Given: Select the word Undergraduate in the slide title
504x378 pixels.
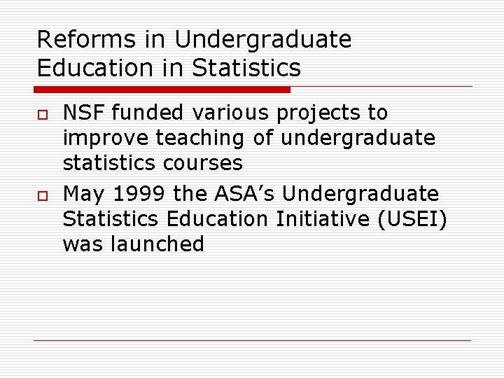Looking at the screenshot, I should point(263,40).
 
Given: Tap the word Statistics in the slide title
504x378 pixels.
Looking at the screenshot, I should point(246,68).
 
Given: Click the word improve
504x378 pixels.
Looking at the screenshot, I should point(105,139).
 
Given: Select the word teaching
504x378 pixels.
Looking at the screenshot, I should point(201,139).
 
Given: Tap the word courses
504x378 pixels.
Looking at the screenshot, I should point(200,164).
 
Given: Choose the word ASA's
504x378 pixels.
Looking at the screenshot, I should point(246,193).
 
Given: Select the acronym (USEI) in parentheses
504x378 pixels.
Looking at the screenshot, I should point(412,219).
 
